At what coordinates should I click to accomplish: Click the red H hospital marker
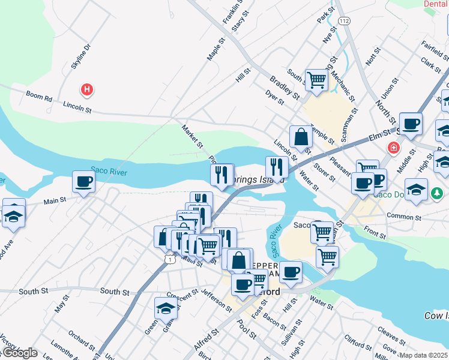point(88,90)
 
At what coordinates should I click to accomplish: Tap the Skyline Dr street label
point(80,56)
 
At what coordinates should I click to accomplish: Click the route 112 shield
point(343,20)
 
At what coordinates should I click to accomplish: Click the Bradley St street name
point(285,86)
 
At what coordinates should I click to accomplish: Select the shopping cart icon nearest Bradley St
point(316,79)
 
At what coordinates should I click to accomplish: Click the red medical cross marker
point(394,147)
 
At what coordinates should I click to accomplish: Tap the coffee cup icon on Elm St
point(411,124)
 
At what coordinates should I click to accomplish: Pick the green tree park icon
point(438,193)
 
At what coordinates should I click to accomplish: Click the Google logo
point(19,352)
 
